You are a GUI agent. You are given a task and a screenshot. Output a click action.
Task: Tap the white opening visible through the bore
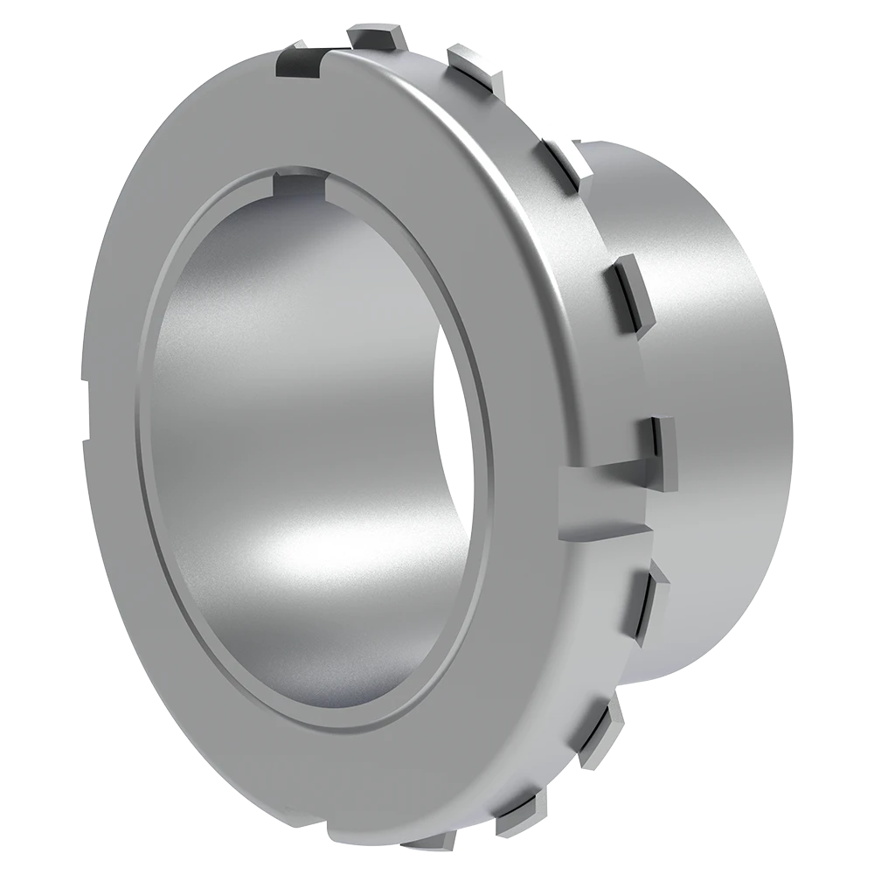tap(459, 437)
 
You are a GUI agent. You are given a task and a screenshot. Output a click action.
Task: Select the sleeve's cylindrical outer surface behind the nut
tap(717, 367)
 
